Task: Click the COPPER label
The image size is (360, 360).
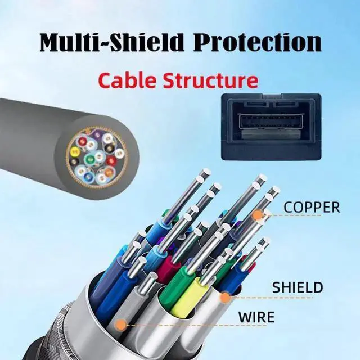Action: coord(312,206)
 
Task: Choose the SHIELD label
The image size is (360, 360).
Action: coord(298,287)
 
